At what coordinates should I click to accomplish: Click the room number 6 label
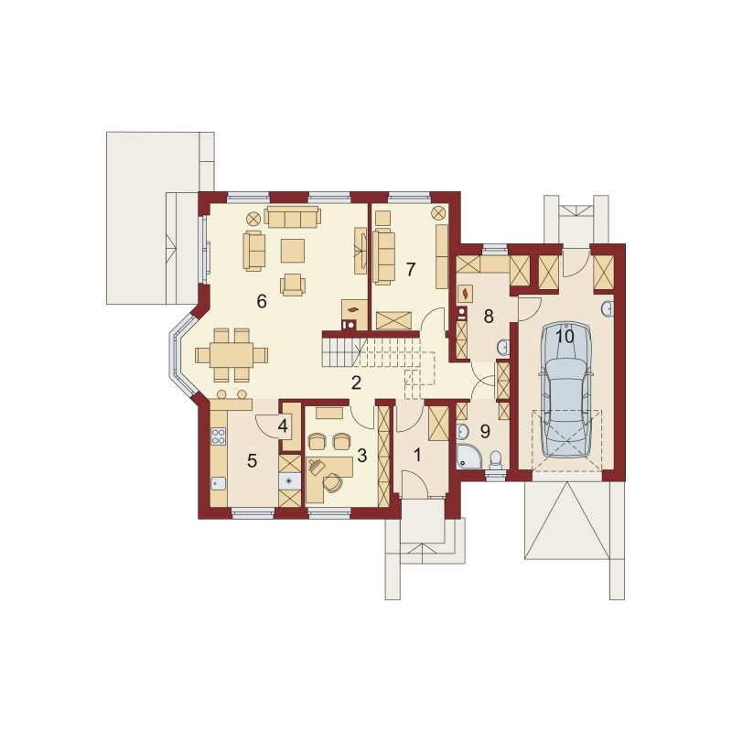[x=262, y=302]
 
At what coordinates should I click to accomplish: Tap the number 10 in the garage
[x=565, y=336]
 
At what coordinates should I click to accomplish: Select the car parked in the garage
[x=565, y=390]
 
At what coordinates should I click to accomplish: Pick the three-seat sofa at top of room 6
[x=293, y=217]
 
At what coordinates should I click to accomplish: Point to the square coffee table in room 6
[x=293, y=250]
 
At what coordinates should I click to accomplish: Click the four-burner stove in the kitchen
[x=218, y=436]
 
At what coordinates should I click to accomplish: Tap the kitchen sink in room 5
[x=218, y=484]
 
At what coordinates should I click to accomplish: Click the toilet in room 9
[x=494, y=460]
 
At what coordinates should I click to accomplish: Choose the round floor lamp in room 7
[x=438, y=213]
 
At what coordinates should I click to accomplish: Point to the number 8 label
[x=489, y=317]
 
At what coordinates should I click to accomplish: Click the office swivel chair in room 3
[x=333, y=482]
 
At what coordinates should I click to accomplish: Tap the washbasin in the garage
[x=608, y=308]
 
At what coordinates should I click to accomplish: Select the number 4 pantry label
[x=283, y=425]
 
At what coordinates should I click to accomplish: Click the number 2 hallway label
[x=356, y=382]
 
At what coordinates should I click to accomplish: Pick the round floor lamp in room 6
[x=253, y=218]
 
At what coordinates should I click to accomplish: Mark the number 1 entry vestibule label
[x=417, y=454]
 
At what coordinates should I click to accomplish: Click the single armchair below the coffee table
[x=293, y=285]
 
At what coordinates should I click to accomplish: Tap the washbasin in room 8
[x=502, y=347]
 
